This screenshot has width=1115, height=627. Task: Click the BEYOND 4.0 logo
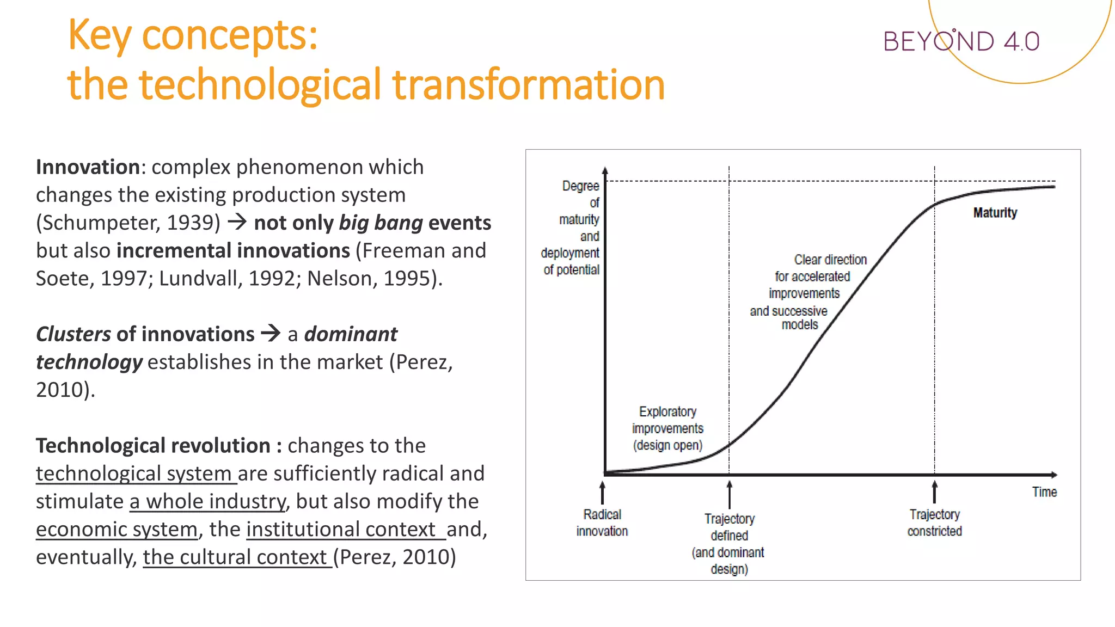click(961, 41)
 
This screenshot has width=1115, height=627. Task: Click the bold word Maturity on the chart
click(995, 212)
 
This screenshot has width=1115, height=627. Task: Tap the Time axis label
click(1044, 492)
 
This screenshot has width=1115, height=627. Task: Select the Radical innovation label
click(602, 522)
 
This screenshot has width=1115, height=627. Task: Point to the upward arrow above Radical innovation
click(602, 492)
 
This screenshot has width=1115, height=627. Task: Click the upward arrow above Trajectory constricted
click(934, 492)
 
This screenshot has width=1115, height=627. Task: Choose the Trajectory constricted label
click(934, 522)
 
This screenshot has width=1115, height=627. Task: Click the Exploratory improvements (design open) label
click(667, 428)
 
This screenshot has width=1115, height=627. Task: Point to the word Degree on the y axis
click(580, 186)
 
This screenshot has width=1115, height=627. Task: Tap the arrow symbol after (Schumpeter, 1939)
click(237, 222)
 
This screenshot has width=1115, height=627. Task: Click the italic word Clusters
click(73, 334)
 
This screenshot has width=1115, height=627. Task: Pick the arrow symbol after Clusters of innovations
click(271, 333)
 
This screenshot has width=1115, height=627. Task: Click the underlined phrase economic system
click(117, 529)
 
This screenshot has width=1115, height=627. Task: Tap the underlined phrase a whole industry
click(207, 501)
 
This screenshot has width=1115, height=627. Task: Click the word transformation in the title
click(528, 85)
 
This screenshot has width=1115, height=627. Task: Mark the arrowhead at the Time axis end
click(1054, 475)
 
